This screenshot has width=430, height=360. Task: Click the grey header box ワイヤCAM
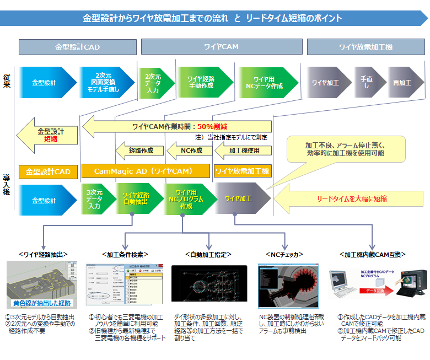(222, 47)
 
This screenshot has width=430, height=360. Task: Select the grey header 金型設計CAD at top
(77, 47)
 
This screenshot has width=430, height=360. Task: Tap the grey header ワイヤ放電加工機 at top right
(365, 47)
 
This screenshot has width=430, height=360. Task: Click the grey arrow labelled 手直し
(367, 82)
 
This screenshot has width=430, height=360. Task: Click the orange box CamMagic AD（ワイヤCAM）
(146, 171)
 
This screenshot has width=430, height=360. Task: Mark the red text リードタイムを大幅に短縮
(351, 198)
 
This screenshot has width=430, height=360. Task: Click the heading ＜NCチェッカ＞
(285, 254)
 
